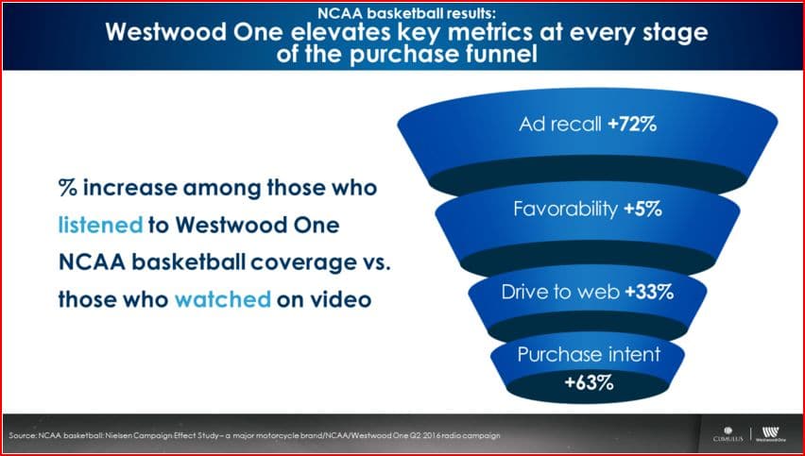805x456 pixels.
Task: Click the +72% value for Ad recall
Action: pyautogui.click(x=632, y=125)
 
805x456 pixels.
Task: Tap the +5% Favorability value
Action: pyautogui.click(x=642, y=210)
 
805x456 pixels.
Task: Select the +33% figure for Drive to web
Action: pyautogui.click(x=649, y=292)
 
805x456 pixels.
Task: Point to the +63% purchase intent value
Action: pyautogui.click(x=589, y=382)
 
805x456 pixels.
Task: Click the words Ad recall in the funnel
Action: pyautogui.click(x=560, y=125)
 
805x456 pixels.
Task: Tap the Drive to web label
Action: pyautogui.click(x=560, y=292)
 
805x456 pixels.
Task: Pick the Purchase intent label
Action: pyautogui.click(x=589, y=354)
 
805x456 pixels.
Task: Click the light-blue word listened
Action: pyautogui.click(x=100, y=226)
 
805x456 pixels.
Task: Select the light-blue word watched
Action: pyautogui.click(x=223, y=299)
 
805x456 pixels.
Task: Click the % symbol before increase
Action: pyautogui.click(x=68, y=188)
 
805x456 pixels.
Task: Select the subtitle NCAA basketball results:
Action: pyautogui.click(x=406, y=11)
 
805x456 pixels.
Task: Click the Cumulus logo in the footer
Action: pyautogui.click(x=728, y=434)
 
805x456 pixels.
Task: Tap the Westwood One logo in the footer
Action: pyautogui.click(x=770, y=434)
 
